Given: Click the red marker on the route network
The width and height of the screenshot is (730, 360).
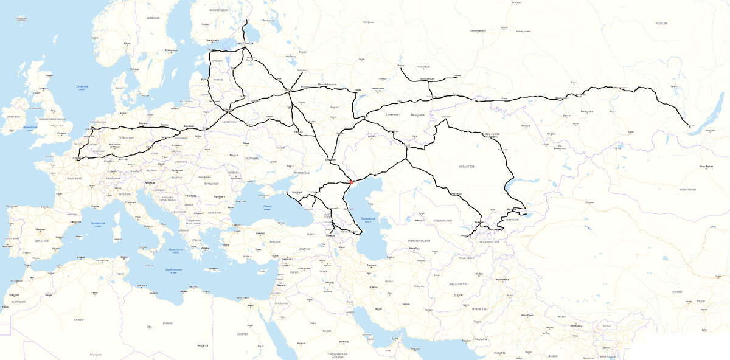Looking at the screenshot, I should tap(352, 181).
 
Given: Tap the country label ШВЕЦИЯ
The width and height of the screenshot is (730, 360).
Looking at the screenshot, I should tap(153, 18).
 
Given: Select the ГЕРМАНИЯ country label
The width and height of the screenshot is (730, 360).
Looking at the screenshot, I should tap(127, 138).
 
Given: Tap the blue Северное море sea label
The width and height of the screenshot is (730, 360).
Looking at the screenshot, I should tap(83, 87).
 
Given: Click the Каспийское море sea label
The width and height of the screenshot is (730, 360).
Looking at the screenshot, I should tap(368, 220).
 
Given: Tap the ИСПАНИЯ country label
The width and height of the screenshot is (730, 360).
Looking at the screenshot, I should tap(42, 241).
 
